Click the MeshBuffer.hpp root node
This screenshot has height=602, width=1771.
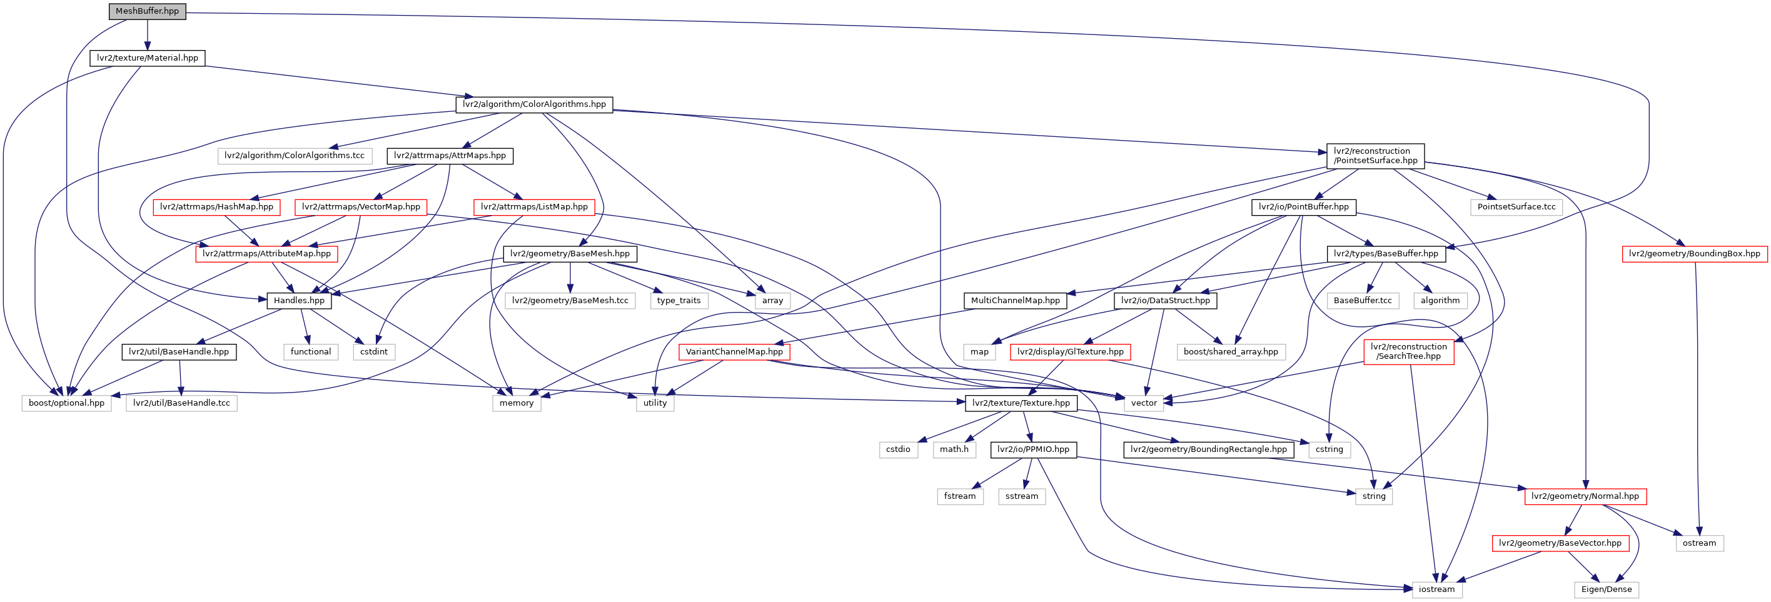click(147, 11)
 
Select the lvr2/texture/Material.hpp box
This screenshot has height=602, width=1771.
click(147, 58)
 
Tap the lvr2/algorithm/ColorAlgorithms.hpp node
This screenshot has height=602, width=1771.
click(534, 104)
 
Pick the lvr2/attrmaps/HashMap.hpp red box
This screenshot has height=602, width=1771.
click(216, 207)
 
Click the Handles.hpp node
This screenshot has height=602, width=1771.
click(299, 300)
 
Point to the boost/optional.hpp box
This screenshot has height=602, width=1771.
click(67, 403)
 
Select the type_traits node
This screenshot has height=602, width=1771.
click(679, 300)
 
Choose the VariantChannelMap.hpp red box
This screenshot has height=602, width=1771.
click(734, 352)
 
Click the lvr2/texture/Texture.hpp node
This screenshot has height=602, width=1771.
click(1021, 403)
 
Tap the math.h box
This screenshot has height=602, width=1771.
click(954, 449)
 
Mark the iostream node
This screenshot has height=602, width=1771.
click(1437, 589)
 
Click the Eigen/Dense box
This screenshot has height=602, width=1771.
click(1606, 589)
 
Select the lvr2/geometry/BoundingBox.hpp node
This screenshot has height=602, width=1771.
click(1695, 254)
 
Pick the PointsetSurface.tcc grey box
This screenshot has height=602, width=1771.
click(1516, 207)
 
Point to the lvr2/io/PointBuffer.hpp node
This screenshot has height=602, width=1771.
click(1303, 207)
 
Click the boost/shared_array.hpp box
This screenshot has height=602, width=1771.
click(1231, 352)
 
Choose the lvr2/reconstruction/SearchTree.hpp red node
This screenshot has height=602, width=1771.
click(1409, 351)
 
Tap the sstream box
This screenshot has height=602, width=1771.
click(1022, 496)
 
